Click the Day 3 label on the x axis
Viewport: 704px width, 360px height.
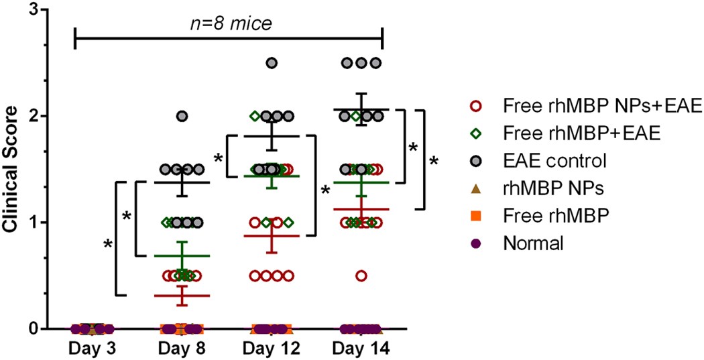click(94, 349)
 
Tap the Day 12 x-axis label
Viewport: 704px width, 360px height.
click(272, 349)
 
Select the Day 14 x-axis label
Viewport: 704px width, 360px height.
click(361, 349)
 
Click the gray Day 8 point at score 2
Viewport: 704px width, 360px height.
click(182, 116)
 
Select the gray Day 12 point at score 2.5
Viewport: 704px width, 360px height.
click(272, 63)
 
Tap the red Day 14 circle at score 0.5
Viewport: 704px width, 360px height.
click(361, 276)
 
